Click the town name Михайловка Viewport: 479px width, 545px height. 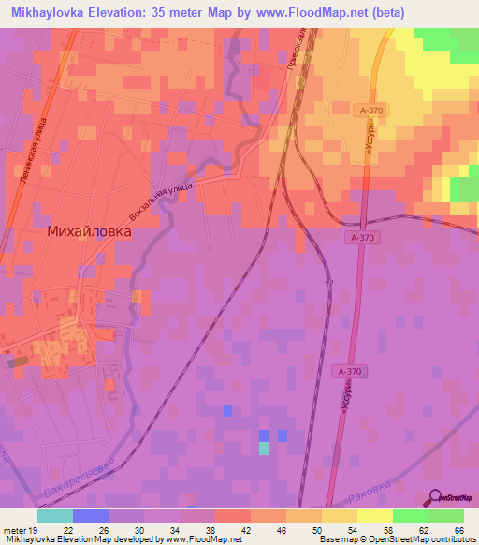coord(90,229)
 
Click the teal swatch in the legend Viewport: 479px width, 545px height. coord(55,516)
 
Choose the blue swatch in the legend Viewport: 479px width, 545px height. coord(91,516)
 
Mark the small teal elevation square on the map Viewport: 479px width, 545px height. coord(264,448)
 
